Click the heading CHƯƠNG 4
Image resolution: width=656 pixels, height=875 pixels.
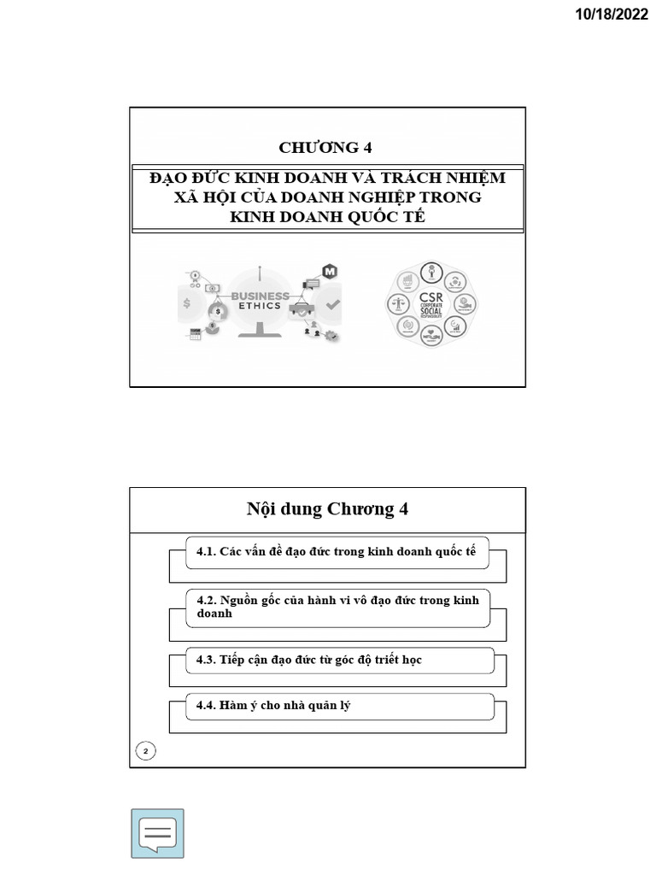[x=327, y=147]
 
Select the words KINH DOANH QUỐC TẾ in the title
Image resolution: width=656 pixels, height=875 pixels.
[x=327, y=216]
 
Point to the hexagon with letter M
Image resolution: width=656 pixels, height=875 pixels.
[x=330, y=272]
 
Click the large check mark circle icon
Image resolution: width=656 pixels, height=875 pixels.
[x=332, y=303]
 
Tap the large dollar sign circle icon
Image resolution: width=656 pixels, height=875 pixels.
[x=187, y=303]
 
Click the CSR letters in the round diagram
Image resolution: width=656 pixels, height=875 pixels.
[x=431, y=299]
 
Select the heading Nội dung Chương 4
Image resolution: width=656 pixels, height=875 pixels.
[x=327, y=510]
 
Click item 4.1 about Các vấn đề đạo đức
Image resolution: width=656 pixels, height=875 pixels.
[x=336, y=552]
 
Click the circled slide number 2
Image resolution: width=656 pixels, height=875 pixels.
[x=146, y=751]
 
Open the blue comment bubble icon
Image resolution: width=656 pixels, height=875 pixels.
[x=157, y=833]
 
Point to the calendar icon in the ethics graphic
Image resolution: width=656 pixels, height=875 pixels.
[x=195, y=335]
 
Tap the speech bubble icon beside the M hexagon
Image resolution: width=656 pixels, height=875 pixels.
[x=312, y=283]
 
